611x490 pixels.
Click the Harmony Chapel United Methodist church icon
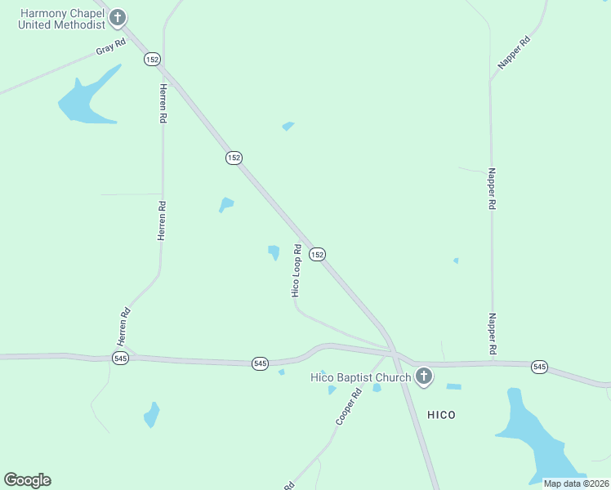118,17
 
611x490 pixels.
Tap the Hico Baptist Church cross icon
423,376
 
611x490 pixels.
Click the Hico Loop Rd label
297,270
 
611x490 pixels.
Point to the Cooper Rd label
348,406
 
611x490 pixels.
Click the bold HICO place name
441,415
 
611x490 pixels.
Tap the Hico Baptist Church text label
360,377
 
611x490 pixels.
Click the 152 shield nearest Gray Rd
152,59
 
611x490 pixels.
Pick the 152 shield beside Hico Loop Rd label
318,255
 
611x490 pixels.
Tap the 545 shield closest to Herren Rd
120,359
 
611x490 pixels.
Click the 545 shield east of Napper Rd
539,367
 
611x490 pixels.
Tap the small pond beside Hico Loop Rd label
274,252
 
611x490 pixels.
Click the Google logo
27,480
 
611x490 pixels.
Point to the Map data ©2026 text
576,483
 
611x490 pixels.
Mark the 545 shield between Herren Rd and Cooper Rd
260,363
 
